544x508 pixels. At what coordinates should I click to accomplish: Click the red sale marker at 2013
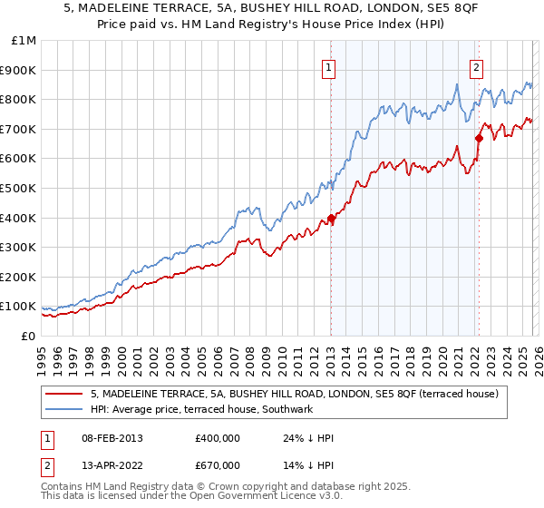coord(331,218)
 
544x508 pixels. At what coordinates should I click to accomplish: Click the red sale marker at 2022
coord(478,138)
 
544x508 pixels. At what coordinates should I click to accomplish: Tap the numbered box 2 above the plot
coord(476,66)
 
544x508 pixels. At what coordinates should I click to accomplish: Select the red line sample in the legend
coord(63,395)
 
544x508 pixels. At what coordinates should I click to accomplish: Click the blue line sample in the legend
coord(63,410)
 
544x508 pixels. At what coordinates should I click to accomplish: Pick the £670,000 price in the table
coord(218,465)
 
